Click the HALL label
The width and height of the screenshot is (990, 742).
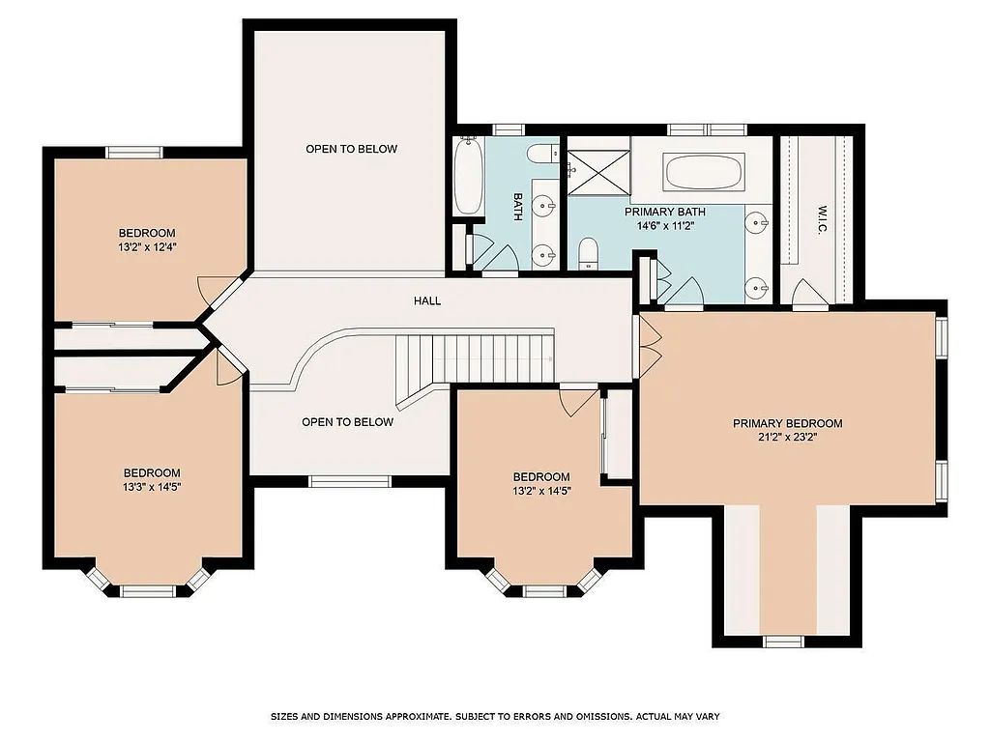click(x=427, y=300)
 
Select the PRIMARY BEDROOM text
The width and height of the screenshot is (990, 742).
click(x=787, y=423)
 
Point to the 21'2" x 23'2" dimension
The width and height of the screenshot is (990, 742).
click(x=787, y=437)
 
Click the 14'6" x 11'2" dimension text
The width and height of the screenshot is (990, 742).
click(x=664, y=225)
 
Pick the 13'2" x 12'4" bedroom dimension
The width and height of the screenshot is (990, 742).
click(x=147, y=246)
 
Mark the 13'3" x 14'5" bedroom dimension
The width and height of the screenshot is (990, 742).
click(x=151, y=486)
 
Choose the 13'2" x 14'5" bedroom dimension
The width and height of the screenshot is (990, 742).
click(x=540, y=490)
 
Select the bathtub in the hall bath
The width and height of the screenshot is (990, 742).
click(x=469, y=179)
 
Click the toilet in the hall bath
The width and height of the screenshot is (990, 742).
click(x=540, y=153)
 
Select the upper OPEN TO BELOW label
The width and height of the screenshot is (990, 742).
click(x=351, y=149)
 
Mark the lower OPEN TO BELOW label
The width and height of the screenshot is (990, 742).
click(x=347, y=422)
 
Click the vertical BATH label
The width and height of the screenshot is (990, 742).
click(x=518, y=206)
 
